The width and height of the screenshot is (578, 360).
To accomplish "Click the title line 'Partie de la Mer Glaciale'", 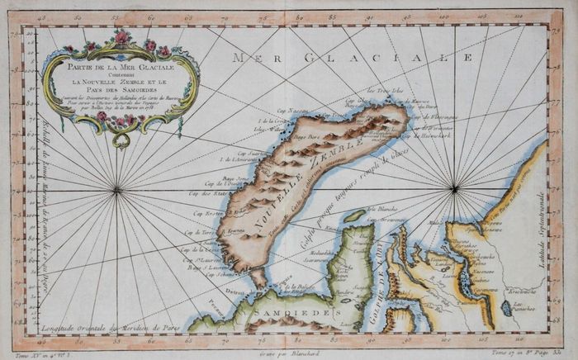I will [121, 67].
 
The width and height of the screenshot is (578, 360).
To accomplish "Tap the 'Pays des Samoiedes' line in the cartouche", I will [121, 92].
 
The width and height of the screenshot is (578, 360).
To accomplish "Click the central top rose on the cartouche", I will [122, 37].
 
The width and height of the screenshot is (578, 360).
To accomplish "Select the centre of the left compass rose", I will [117, 190].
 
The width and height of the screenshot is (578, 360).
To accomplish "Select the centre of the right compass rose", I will [453, 189].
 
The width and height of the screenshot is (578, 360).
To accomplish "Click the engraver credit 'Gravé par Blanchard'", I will [289, 353].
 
